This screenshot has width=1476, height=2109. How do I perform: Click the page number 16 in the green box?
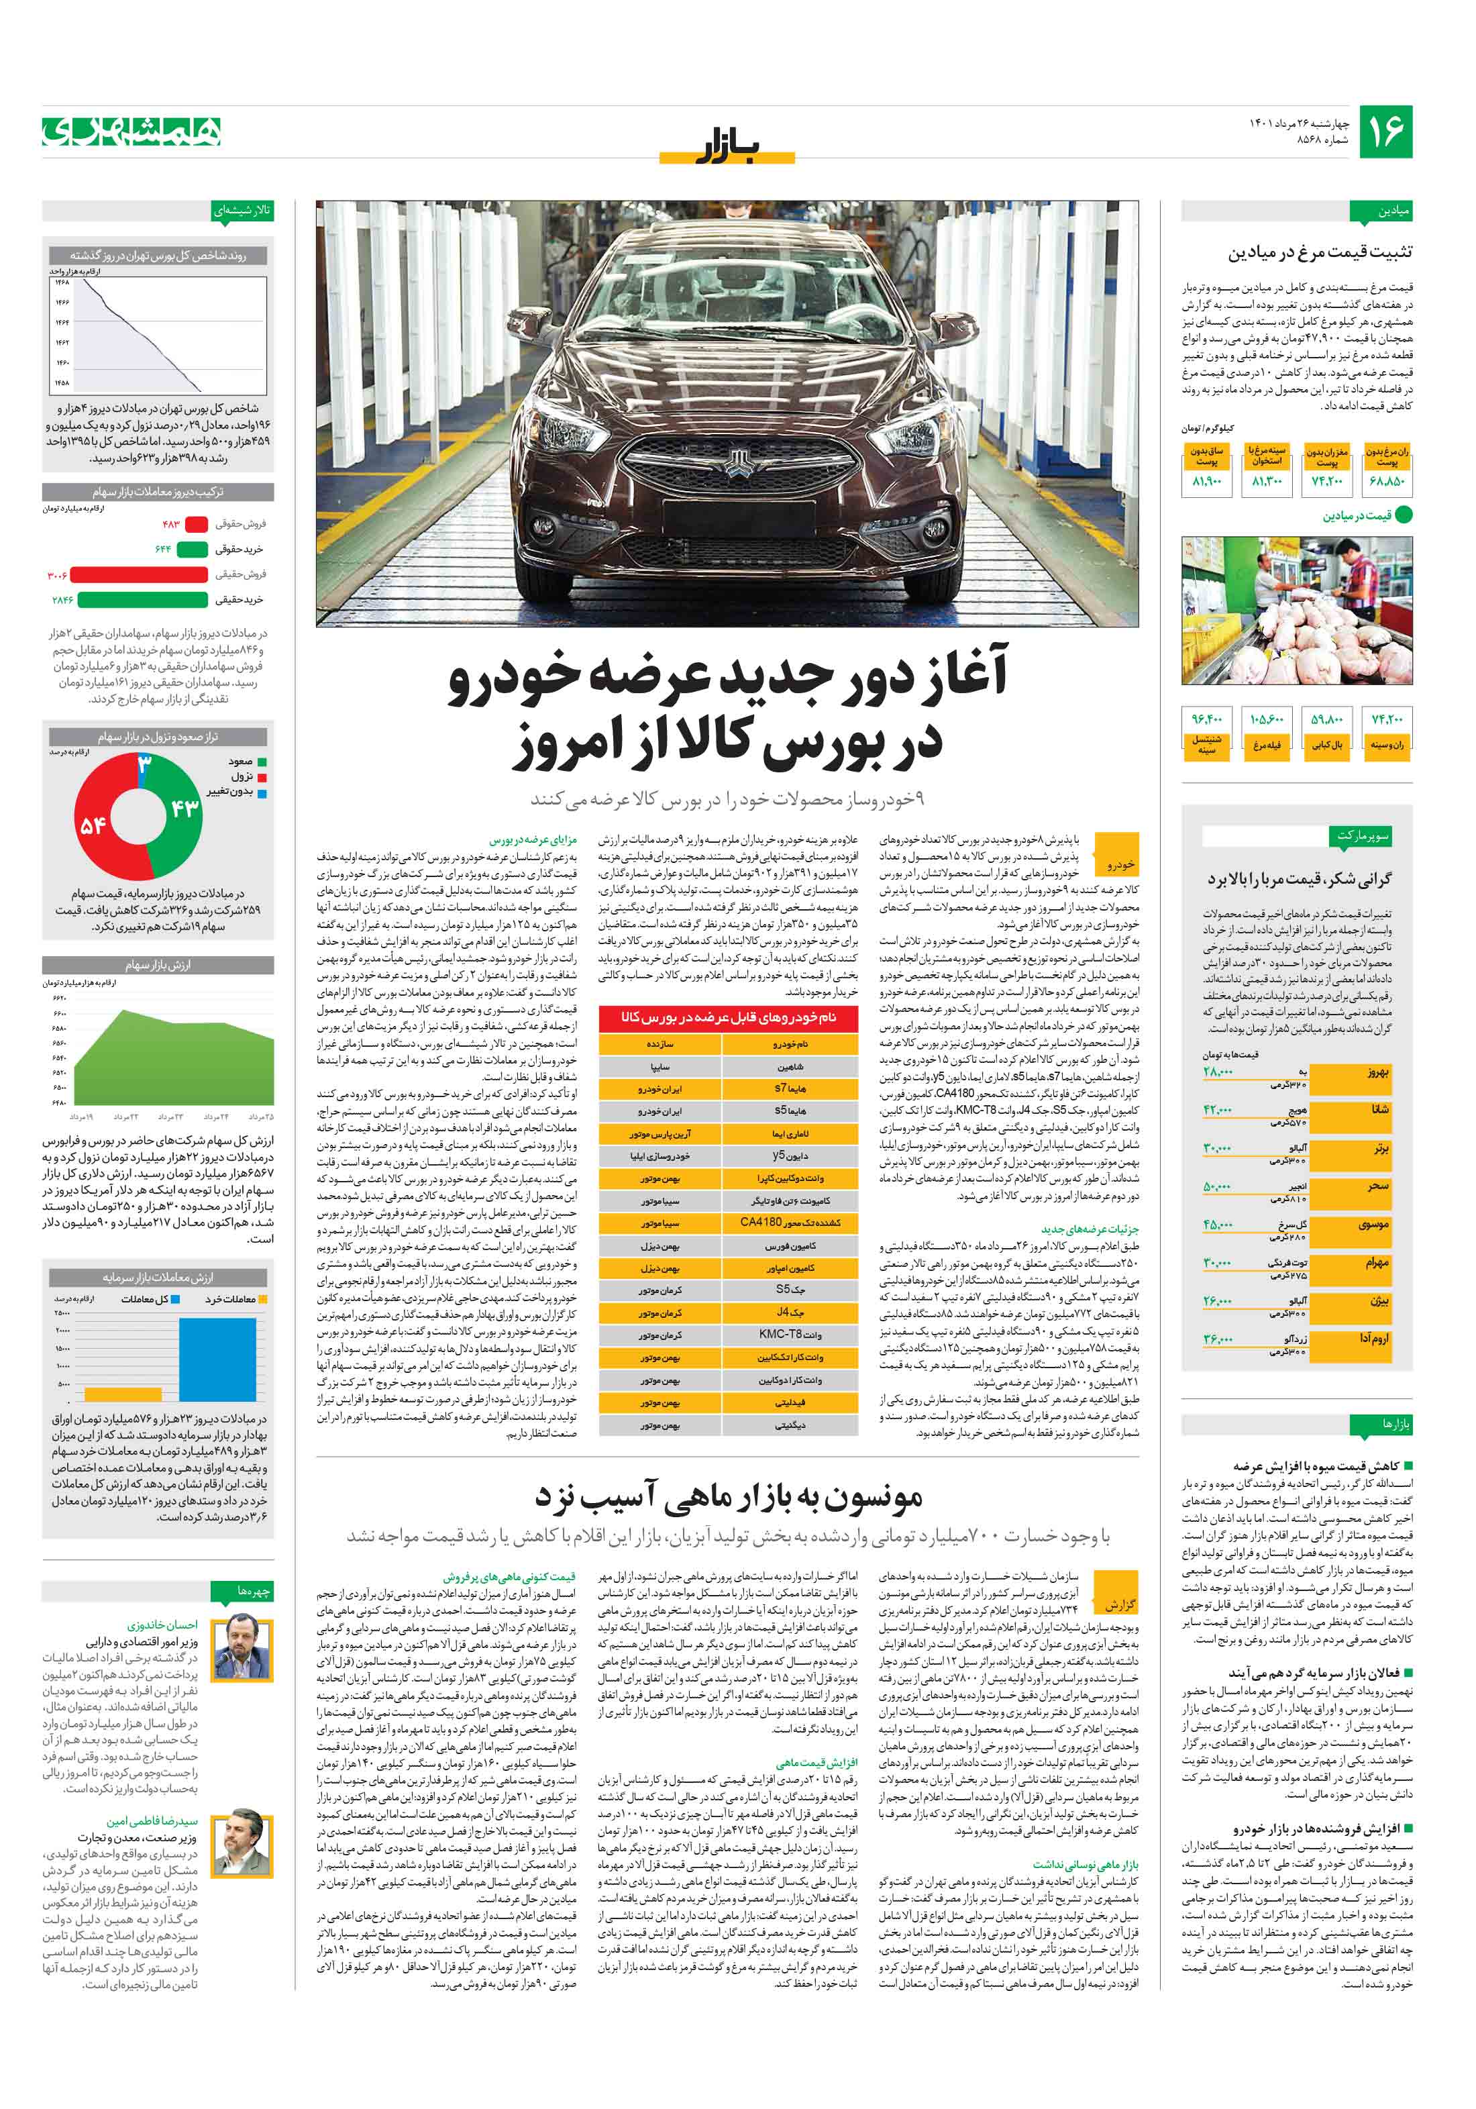coord(1384,132)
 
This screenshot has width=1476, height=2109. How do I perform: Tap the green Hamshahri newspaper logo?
coord(132,132)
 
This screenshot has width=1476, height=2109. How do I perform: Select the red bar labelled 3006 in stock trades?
coord(139,575)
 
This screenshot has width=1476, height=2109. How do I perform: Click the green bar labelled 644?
coord(192,550)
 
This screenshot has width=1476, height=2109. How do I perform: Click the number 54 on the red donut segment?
coord(93,825)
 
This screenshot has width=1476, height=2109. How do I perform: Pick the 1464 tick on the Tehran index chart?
coord(62,322)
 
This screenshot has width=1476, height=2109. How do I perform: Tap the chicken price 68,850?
coord(1386,481)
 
